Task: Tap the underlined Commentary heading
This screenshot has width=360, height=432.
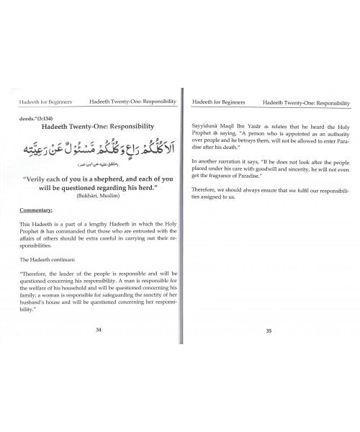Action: point(42,211)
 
